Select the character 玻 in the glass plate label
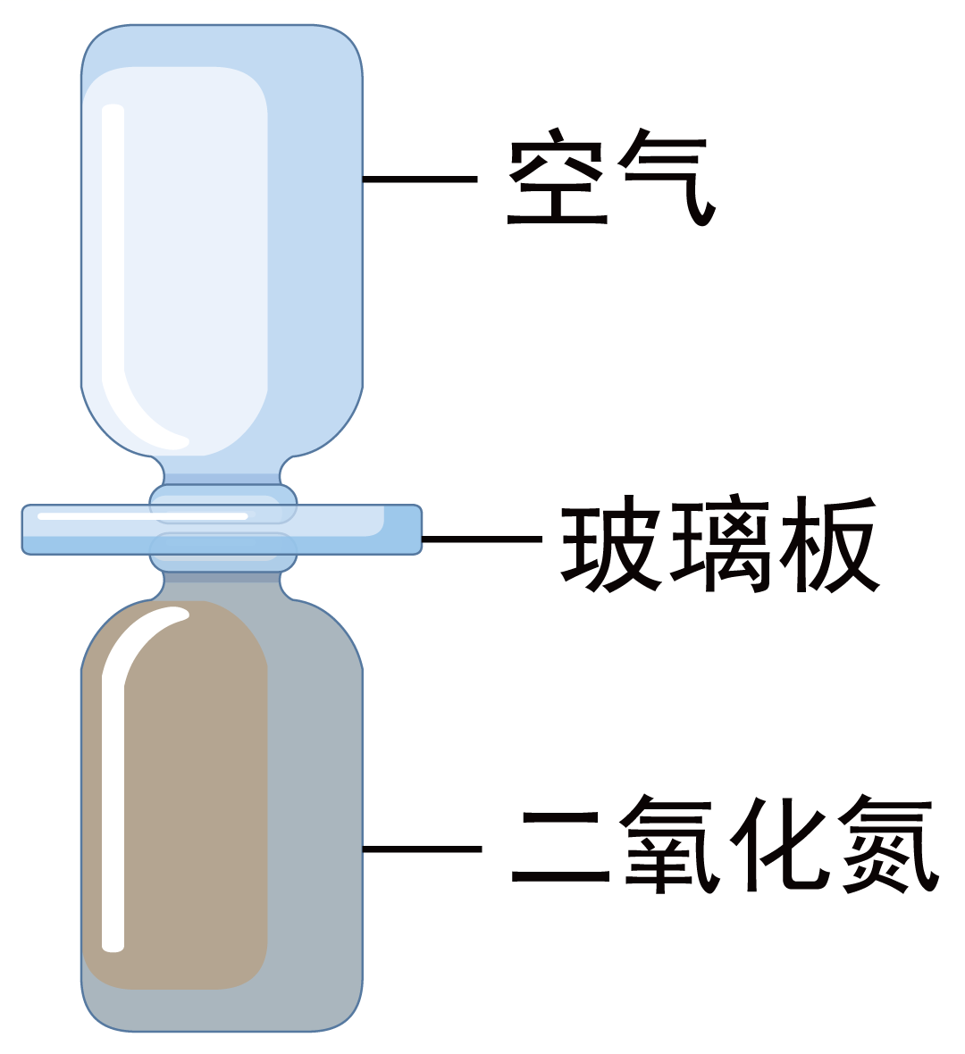[609, 544]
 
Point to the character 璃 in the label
[717, 544]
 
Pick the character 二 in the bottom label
[561, 849]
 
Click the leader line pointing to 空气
[420, 179]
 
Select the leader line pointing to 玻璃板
[482, 539]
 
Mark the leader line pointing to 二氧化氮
[423, 849]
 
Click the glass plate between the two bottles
[222, 529]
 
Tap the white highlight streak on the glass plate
[143, 516]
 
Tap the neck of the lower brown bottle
[222, 577]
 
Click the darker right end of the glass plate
[403, 529]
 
